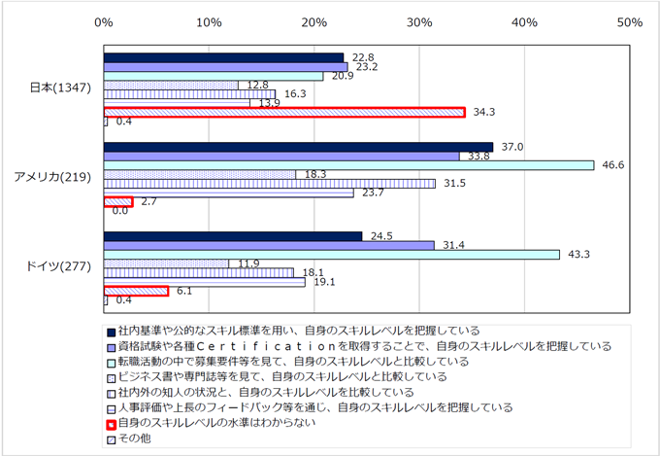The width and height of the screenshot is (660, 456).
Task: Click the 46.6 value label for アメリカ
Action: (x=613, y=165)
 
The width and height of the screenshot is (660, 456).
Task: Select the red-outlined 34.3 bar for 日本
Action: (x=284, y=113)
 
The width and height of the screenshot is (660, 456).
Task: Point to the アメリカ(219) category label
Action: (x=52, y=177)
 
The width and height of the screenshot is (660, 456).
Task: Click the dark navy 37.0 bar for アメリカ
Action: (x=298, y=147)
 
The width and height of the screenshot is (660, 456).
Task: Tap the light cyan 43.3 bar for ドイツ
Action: (x=331, y=255)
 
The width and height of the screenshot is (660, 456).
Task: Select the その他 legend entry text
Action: (x=130, y=439)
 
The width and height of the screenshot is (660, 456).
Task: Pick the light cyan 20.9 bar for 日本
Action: (x=214, y=76)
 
